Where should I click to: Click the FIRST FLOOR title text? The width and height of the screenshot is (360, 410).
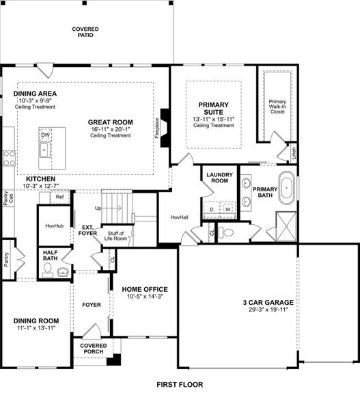(179, 384)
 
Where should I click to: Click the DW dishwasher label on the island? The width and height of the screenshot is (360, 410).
(45, 135)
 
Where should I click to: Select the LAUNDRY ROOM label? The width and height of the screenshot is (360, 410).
(217, 178)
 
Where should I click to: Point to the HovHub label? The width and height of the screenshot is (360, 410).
(54, 226)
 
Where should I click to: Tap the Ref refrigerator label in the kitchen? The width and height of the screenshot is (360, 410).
(59, 197)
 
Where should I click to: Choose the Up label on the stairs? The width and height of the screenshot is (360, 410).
(98, 208)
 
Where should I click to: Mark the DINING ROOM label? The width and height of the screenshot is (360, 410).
(36, 320)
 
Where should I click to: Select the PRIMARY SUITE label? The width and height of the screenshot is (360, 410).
(213, 109)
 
